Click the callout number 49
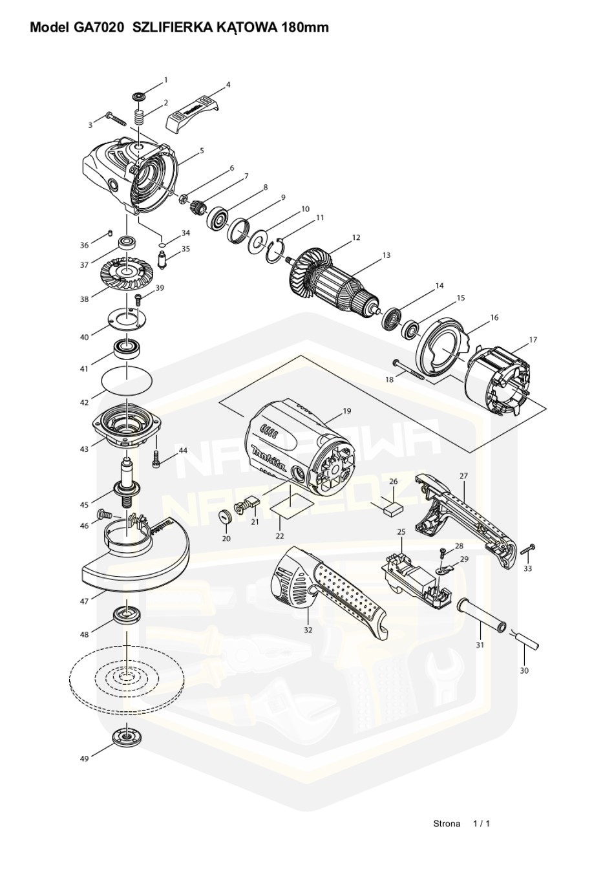[84, 758]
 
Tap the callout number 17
[533, 339]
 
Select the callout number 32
[308, 629]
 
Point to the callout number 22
[279, 536]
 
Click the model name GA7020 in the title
[97, 27]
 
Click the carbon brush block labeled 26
[392, 507]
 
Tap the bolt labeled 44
[155, 460]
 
